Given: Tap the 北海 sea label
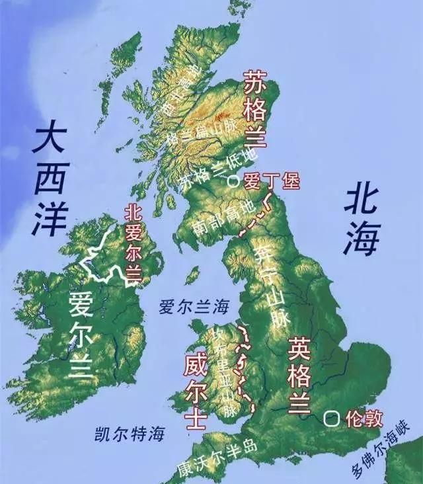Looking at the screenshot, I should point(361,222).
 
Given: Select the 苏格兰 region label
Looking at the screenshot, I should point(255,110).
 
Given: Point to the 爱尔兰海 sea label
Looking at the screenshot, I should point(194,306).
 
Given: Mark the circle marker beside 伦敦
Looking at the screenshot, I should point(331,419).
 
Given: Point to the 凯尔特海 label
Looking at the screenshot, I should point(128,434).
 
